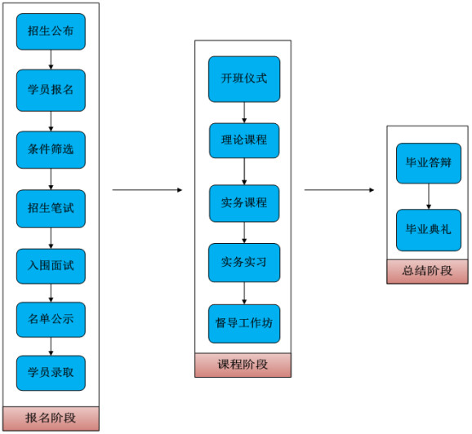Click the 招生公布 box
(51, 32)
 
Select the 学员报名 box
(51, 91)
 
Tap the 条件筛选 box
(51, 150)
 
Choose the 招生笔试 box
(51, 208)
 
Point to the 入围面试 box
(51, 266)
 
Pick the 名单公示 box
(51, 320)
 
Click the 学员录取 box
(51, 373)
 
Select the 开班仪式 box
(244, 79)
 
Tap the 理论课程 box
(244, 140)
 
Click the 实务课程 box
(244, 203)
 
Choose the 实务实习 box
(244, 263)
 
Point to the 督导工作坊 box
(244, 324)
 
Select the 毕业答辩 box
(429, 163)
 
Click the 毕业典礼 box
(429, 230)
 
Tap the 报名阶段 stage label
(51, 418)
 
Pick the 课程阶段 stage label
(243, 365)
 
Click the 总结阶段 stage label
(427, 272)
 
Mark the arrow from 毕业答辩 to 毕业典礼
(429, 197)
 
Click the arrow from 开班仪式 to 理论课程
(244, 113)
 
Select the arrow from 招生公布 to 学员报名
(51, 60)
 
